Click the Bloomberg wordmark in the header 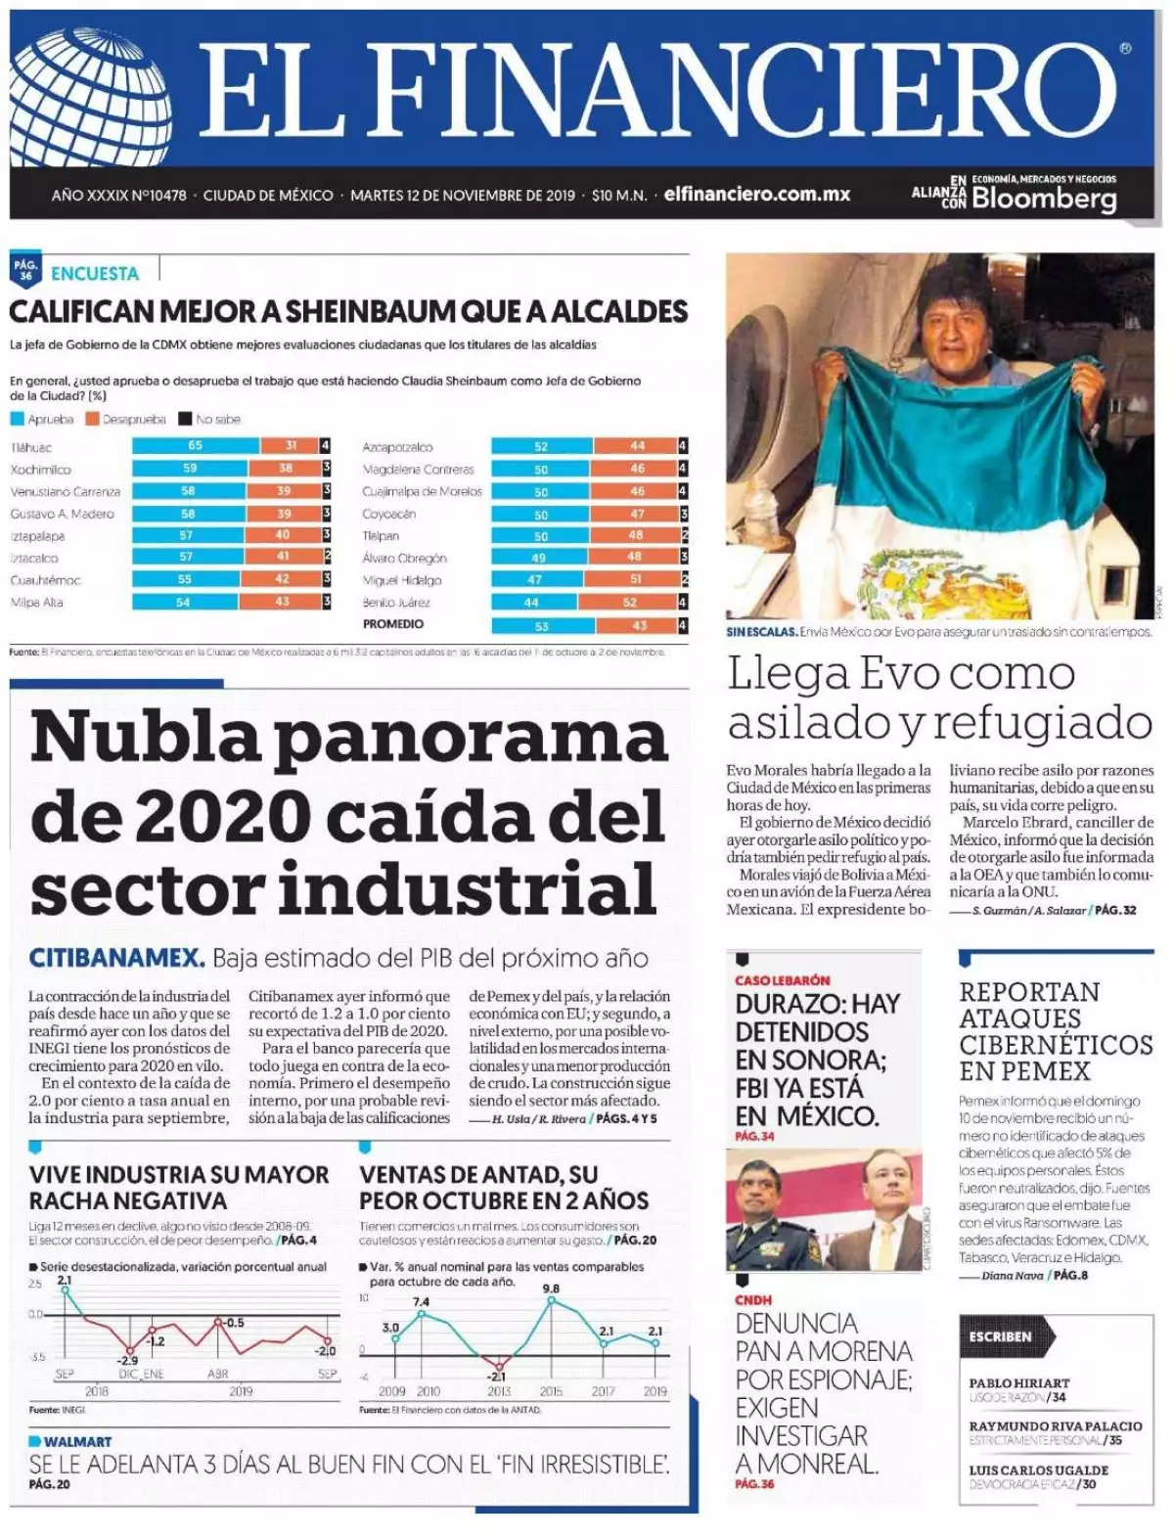(1044, 200)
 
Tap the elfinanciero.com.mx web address (756, 195)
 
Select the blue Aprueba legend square (17, 419)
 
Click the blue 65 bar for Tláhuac (196, 446)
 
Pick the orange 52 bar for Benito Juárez (629, 603)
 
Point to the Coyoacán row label (389, 514)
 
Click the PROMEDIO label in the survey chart (393, 624)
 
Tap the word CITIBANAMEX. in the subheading (116, 957)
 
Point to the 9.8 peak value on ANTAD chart (551, 1289)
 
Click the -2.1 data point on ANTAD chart (499, 1366)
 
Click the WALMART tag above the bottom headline (76, 1441)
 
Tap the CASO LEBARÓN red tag (783, 980)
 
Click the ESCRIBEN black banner (1001, 1335)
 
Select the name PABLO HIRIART (1019, 1382)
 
